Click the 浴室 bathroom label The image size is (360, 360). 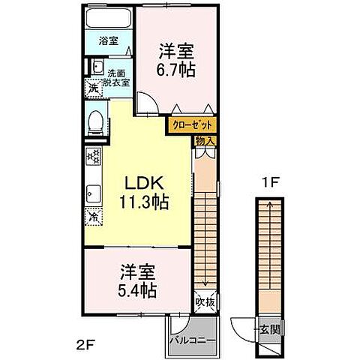[109, 41]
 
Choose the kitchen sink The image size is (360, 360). [94, 191]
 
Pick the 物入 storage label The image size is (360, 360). [205, 140]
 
